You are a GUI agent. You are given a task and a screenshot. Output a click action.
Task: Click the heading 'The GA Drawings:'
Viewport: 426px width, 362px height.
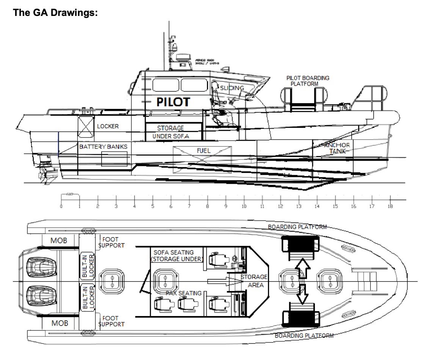pos(55,13)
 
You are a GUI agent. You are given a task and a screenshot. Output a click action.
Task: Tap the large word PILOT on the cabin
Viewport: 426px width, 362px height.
pos(173,102)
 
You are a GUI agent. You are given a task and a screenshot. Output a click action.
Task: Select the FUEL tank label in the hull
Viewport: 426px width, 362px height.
pos(204,151)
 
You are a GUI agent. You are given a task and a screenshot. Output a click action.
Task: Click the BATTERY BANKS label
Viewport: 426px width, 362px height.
pos(103,146)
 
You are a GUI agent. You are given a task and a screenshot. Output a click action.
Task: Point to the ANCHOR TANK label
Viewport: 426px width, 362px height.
pos(337,148)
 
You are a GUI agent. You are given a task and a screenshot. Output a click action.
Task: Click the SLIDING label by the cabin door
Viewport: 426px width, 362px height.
pos(232,88)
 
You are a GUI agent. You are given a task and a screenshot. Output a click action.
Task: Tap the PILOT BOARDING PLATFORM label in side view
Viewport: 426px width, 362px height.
pos(308,81)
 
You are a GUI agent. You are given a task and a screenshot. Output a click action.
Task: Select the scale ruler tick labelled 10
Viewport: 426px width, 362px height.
pos(244,206)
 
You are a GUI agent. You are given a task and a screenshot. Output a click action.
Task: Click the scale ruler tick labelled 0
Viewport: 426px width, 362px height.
pos(61,206)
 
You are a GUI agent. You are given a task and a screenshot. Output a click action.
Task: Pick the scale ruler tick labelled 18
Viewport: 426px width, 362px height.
pos(390,206)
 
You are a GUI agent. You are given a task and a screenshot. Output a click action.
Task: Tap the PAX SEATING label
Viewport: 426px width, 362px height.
pos(183,293)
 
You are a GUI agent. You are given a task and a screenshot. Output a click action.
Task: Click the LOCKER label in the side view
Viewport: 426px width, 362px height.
pos(108,126)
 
